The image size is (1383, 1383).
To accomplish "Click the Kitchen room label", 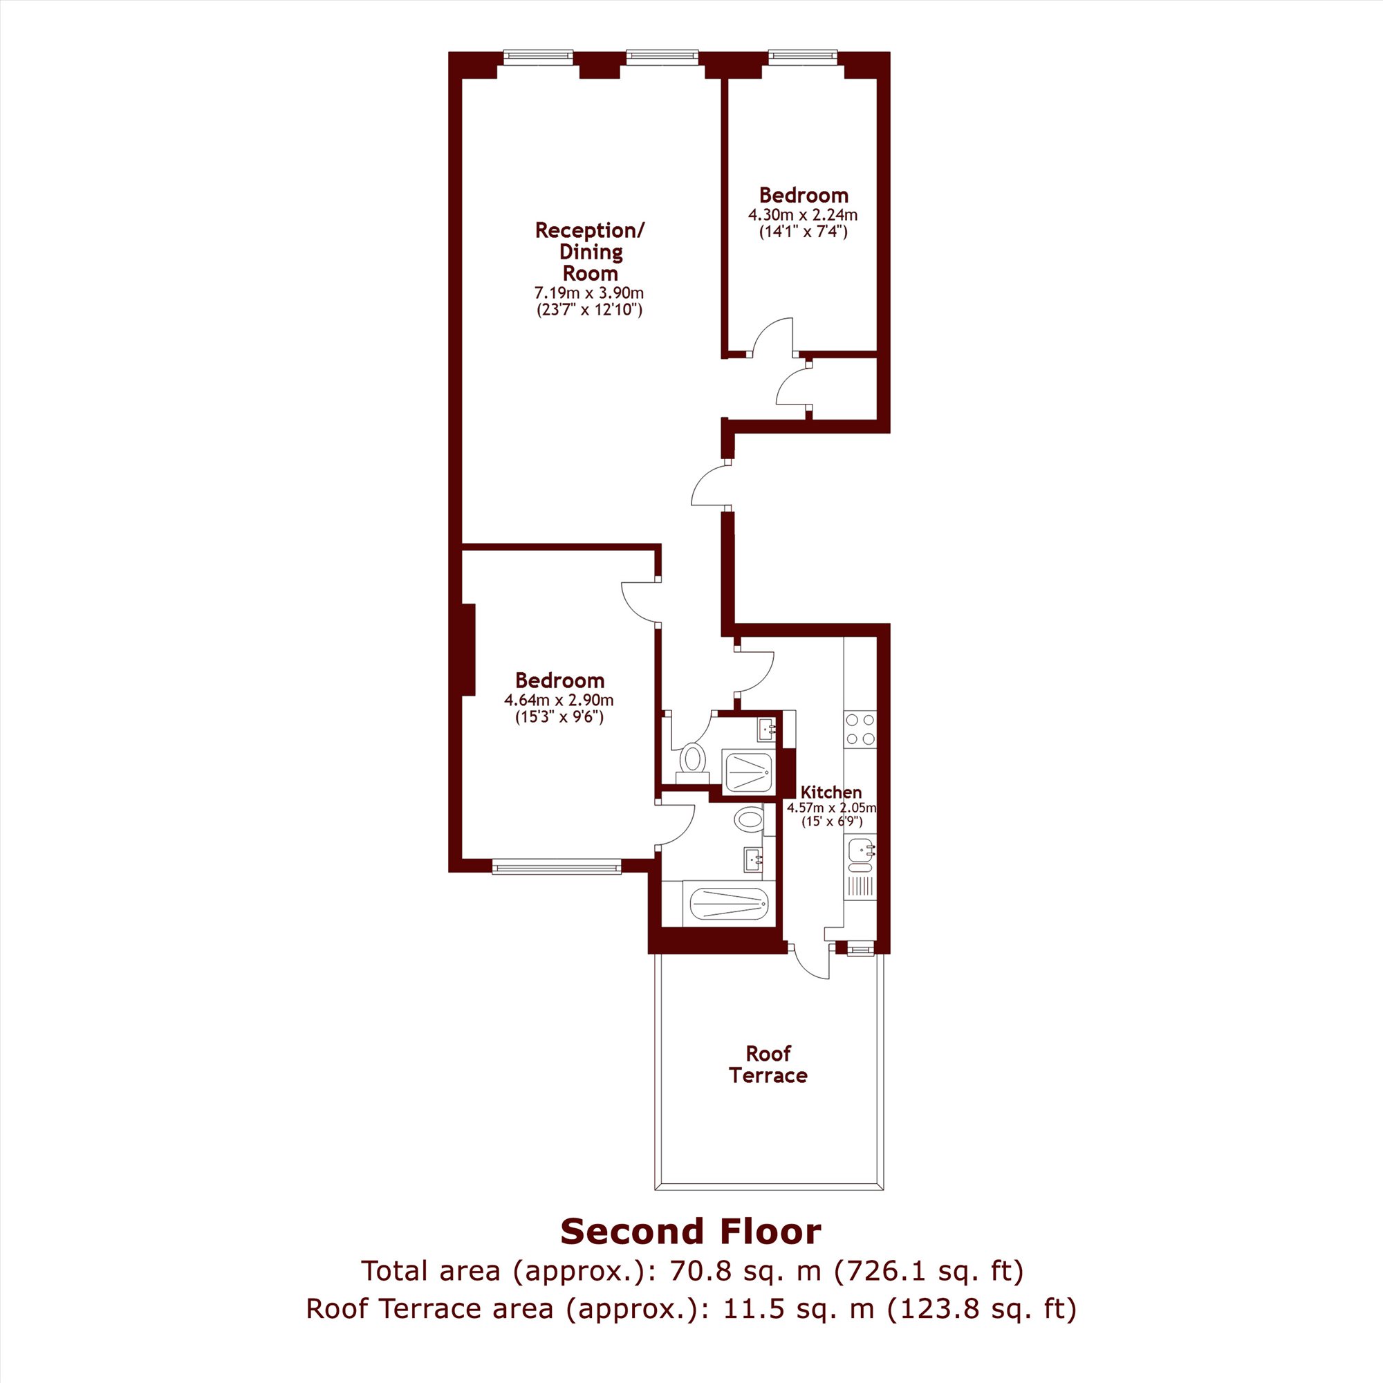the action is click(831, 792).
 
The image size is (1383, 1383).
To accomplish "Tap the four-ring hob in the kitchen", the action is click(860, 730).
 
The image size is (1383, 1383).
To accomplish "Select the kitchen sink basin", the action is click(860, 851).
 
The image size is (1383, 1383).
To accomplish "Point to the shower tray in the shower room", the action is click(748, 772).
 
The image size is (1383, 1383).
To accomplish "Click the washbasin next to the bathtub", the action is click(754, 858).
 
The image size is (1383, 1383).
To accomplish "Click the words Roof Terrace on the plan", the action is click(768, 1064).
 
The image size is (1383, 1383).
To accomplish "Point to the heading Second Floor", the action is click(691, 1232).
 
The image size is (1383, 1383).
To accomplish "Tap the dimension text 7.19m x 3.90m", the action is click(589, 293).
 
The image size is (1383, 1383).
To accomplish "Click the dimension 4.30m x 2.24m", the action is click(802, 215).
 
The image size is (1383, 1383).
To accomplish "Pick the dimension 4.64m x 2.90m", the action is click(559, 699).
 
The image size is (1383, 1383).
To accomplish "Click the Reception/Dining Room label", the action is click(590, 251).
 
